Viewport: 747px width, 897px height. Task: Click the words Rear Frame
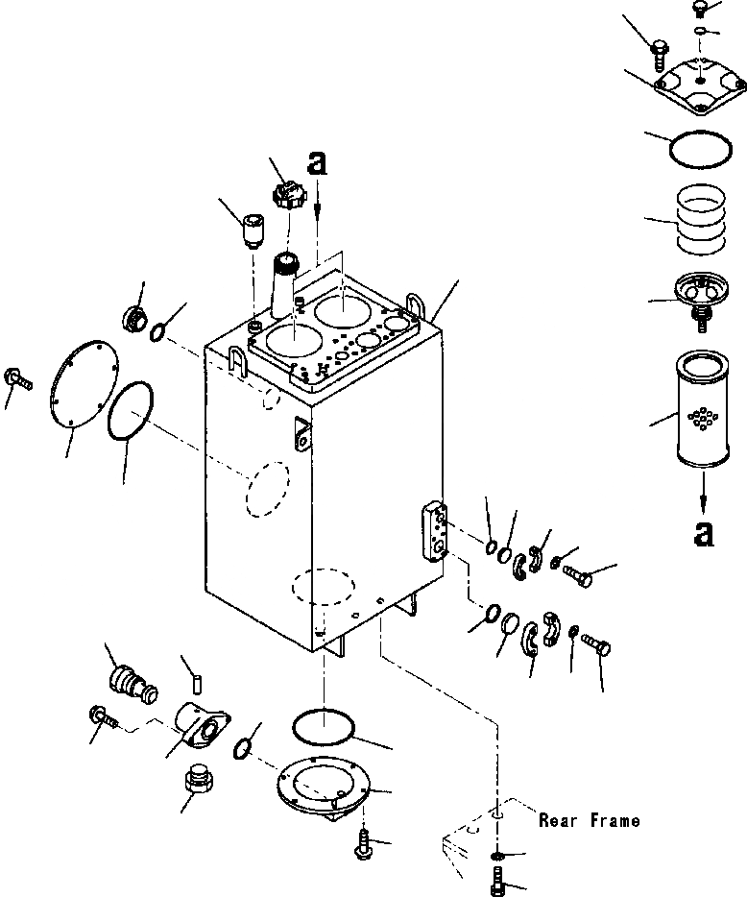coord(590,821)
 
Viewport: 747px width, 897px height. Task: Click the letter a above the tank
coord(318,162)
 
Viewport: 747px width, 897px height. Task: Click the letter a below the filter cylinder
coord(703,534)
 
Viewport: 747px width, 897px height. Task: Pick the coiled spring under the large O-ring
coord(701,217)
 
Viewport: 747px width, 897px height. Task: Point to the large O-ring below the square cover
coord(701,149)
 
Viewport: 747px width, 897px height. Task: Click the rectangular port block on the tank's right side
coord(436,531)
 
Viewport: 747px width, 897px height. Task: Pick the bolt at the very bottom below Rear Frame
coord(498,882)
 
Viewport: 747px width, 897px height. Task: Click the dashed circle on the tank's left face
coord(268,489)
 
